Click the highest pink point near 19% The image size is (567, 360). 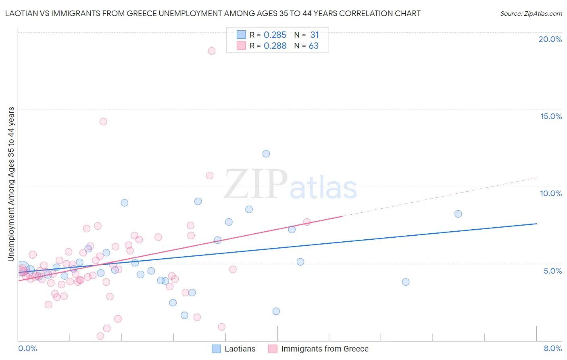[212, 51]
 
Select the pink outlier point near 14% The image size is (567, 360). [103, 121]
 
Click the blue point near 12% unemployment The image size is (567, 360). [266, 154]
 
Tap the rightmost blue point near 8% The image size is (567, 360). [458, 214]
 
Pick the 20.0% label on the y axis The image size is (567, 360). [550, 39]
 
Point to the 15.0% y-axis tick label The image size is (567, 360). [551, 116]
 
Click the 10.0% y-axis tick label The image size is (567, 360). [551, 193]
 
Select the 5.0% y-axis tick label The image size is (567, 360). [552, 271]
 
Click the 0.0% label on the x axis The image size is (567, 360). [27, 348]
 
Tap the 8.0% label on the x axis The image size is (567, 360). [552, 348]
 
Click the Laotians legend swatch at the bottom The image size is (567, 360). [217, 349]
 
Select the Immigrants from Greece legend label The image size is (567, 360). [325, 349]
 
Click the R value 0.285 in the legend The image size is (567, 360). [275, 35]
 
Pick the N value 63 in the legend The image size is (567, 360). [313, 46]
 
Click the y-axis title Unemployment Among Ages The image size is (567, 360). [11, 184]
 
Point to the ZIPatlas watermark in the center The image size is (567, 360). [290, 185]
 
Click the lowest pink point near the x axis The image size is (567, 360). [100, 336]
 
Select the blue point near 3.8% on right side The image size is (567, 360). [406, 282]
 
